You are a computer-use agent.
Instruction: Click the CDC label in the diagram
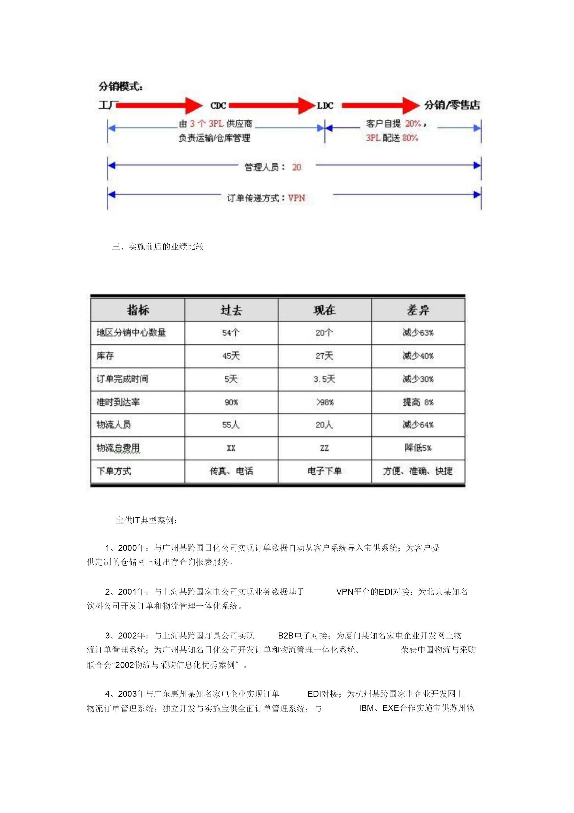point(218,106)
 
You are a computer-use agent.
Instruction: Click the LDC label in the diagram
point(325,106)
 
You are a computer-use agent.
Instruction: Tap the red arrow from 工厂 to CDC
point(159,105)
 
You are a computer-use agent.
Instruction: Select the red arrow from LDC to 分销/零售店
point(380,105)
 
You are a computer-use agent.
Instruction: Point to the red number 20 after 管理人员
point(297,167)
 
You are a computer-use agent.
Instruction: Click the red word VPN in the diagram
point(297,198)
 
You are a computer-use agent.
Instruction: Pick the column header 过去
point(231,311)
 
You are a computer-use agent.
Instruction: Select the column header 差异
point(418,311)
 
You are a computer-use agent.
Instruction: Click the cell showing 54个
point(231,333)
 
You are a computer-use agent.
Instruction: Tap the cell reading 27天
point(324,356)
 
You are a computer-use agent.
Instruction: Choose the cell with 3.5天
point(324,379)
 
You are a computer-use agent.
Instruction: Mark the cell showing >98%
point(324,403)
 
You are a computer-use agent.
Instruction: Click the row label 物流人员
point(114,425)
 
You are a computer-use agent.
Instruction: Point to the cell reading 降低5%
point(418,448)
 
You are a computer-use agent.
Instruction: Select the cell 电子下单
point(324,471)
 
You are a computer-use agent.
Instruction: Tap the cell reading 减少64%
point(418,425)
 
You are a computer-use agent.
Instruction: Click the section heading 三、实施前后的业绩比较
point(158,247)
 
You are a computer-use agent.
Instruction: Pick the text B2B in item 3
point(286,636)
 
